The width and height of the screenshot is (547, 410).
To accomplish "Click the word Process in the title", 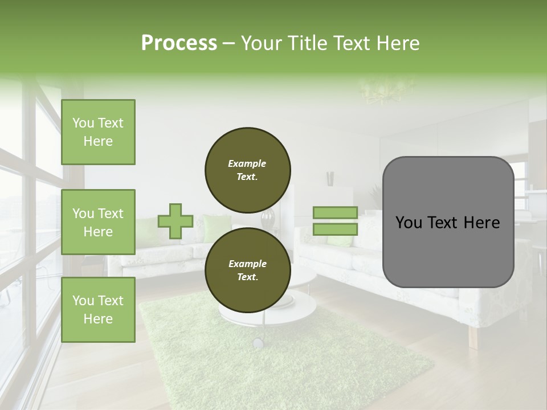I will coord(179,43).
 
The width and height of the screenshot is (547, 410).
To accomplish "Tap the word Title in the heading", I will coord(307,43).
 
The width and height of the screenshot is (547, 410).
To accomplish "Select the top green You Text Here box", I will coord(98,132).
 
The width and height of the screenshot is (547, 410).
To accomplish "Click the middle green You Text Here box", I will coord(98,222).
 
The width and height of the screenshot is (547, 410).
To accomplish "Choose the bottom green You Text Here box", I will coord(98,309).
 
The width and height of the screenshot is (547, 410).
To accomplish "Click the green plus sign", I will coord(175,221).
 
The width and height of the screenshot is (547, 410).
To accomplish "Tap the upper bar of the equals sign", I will coord(336,213).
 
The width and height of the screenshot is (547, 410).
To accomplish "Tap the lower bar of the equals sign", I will coord(336,229).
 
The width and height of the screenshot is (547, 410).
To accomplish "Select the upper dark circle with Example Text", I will coord(247,170).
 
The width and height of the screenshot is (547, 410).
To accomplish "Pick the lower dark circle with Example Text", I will coord(247,270).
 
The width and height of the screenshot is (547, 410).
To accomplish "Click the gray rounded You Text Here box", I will coord(448,222).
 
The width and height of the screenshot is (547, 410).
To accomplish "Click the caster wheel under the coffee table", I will coord(258,342).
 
